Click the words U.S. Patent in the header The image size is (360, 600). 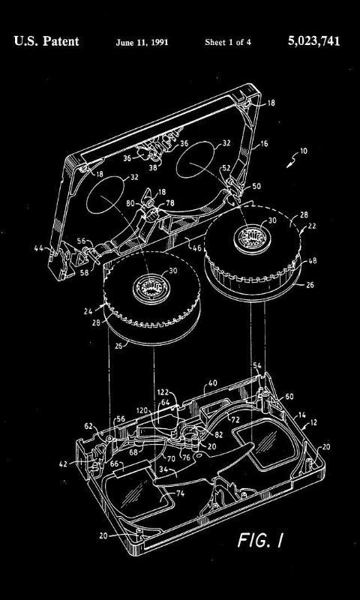46,41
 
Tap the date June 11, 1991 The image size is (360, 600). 142,43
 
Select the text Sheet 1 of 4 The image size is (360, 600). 228,43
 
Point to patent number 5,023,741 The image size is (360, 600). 313,41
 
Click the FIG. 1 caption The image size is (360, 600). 260,540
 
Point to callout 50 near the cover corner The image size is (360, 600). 256,185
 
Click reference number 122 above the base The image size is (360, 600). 162,391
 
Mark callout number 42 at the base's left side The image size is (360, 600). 62,463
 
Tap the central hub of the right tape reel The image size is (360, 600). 248,240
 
